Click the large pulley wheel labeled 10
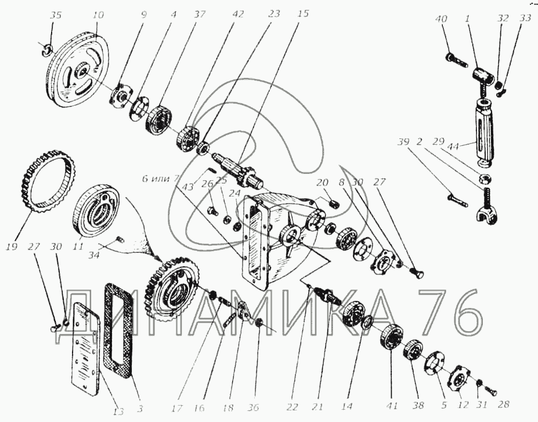(78, 70)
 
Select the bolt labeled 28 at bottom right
(490, 391)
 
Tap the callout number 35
(56, 16)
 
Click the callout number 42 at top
(238, 14)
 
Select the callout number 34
(94, 255)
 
